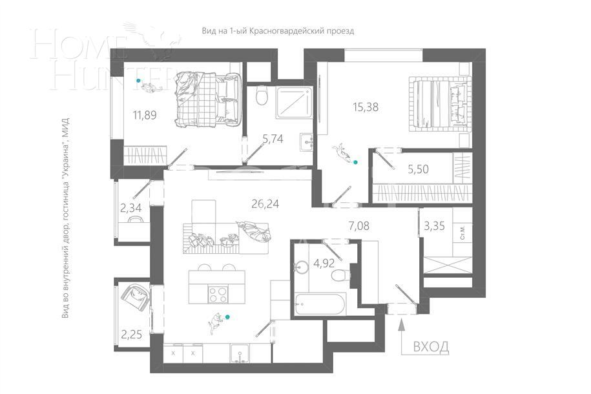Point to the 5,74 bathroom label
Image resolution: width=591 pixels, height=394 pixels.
tap(273, 138)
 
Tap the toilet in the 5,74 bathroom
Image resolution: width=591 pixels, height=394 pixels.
tap(261, 98)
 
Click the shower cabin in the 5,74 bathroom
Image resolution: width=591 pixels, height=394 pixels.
tap(294, 101)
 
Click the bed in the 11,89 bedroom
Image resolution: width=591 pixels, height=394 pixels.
tap(207, 97)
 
